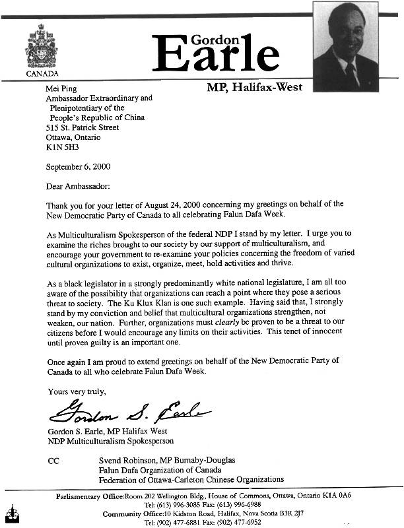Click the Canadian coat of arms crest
[x=43, y=46]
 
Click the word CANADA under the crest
[x=42, y=73]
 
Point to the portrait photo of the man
[x=346, y=46]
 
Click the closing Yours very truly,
[x=76, y=391]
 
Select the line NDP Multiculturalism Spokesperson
[x=111, y=442]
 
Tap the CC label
[x=53, y=461]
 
